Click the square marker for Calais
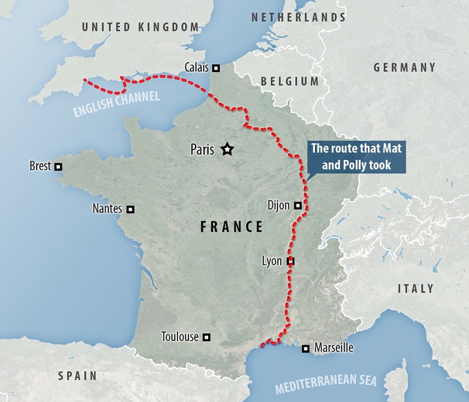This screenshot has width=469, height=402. [216, 68]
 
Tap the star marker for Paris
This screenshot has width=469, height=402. [227, 150]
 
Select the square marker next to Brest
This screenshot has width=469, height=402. [58, 167]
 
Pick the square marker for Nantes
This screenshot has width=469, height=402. [131, 209]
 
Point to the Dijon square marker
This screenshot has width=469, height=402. [298, 205]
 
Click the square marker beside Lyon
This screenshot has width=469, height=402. [290, 262]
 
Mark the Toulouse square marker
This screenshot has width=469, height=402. [207, 337]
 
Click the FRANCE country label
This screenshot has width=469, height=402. [232, 227]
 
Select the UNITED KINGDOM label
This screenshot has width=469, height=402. [140, 27]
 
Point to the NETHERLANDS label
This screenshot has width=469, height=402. [298, 17]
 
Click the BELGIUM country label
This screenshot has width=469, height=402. [290, 81]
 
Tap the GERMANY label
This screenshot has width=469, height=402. [404, 68]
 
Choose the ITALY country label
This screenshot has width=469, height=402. [416, 289]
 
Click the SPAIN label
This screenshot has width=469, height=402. [77, 376]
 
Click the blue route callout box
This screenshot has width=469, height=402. [358, 157]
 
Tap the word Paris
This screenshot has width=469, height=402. [202, 150]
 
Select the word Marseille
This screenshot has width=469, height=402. [334, 348]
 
